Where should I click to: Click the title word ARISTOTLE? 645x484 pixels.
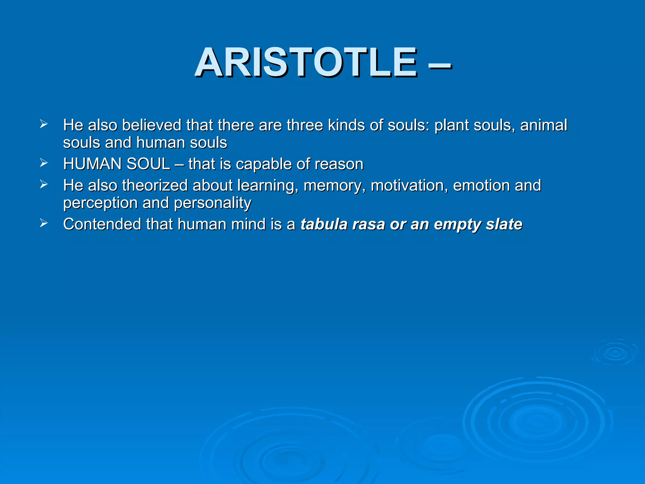(x=305, y=62)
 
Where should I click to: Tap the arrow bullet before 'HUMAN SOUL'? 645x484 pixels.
(x=43, y=163)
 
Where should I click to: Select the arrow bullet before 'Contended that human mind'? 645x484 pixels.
(x=43, y=223)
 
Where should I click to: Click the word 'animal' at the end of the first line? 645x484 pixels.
(x=544, y=125)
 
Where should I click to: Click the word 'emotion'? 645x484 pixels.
(x=481, y=186)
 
